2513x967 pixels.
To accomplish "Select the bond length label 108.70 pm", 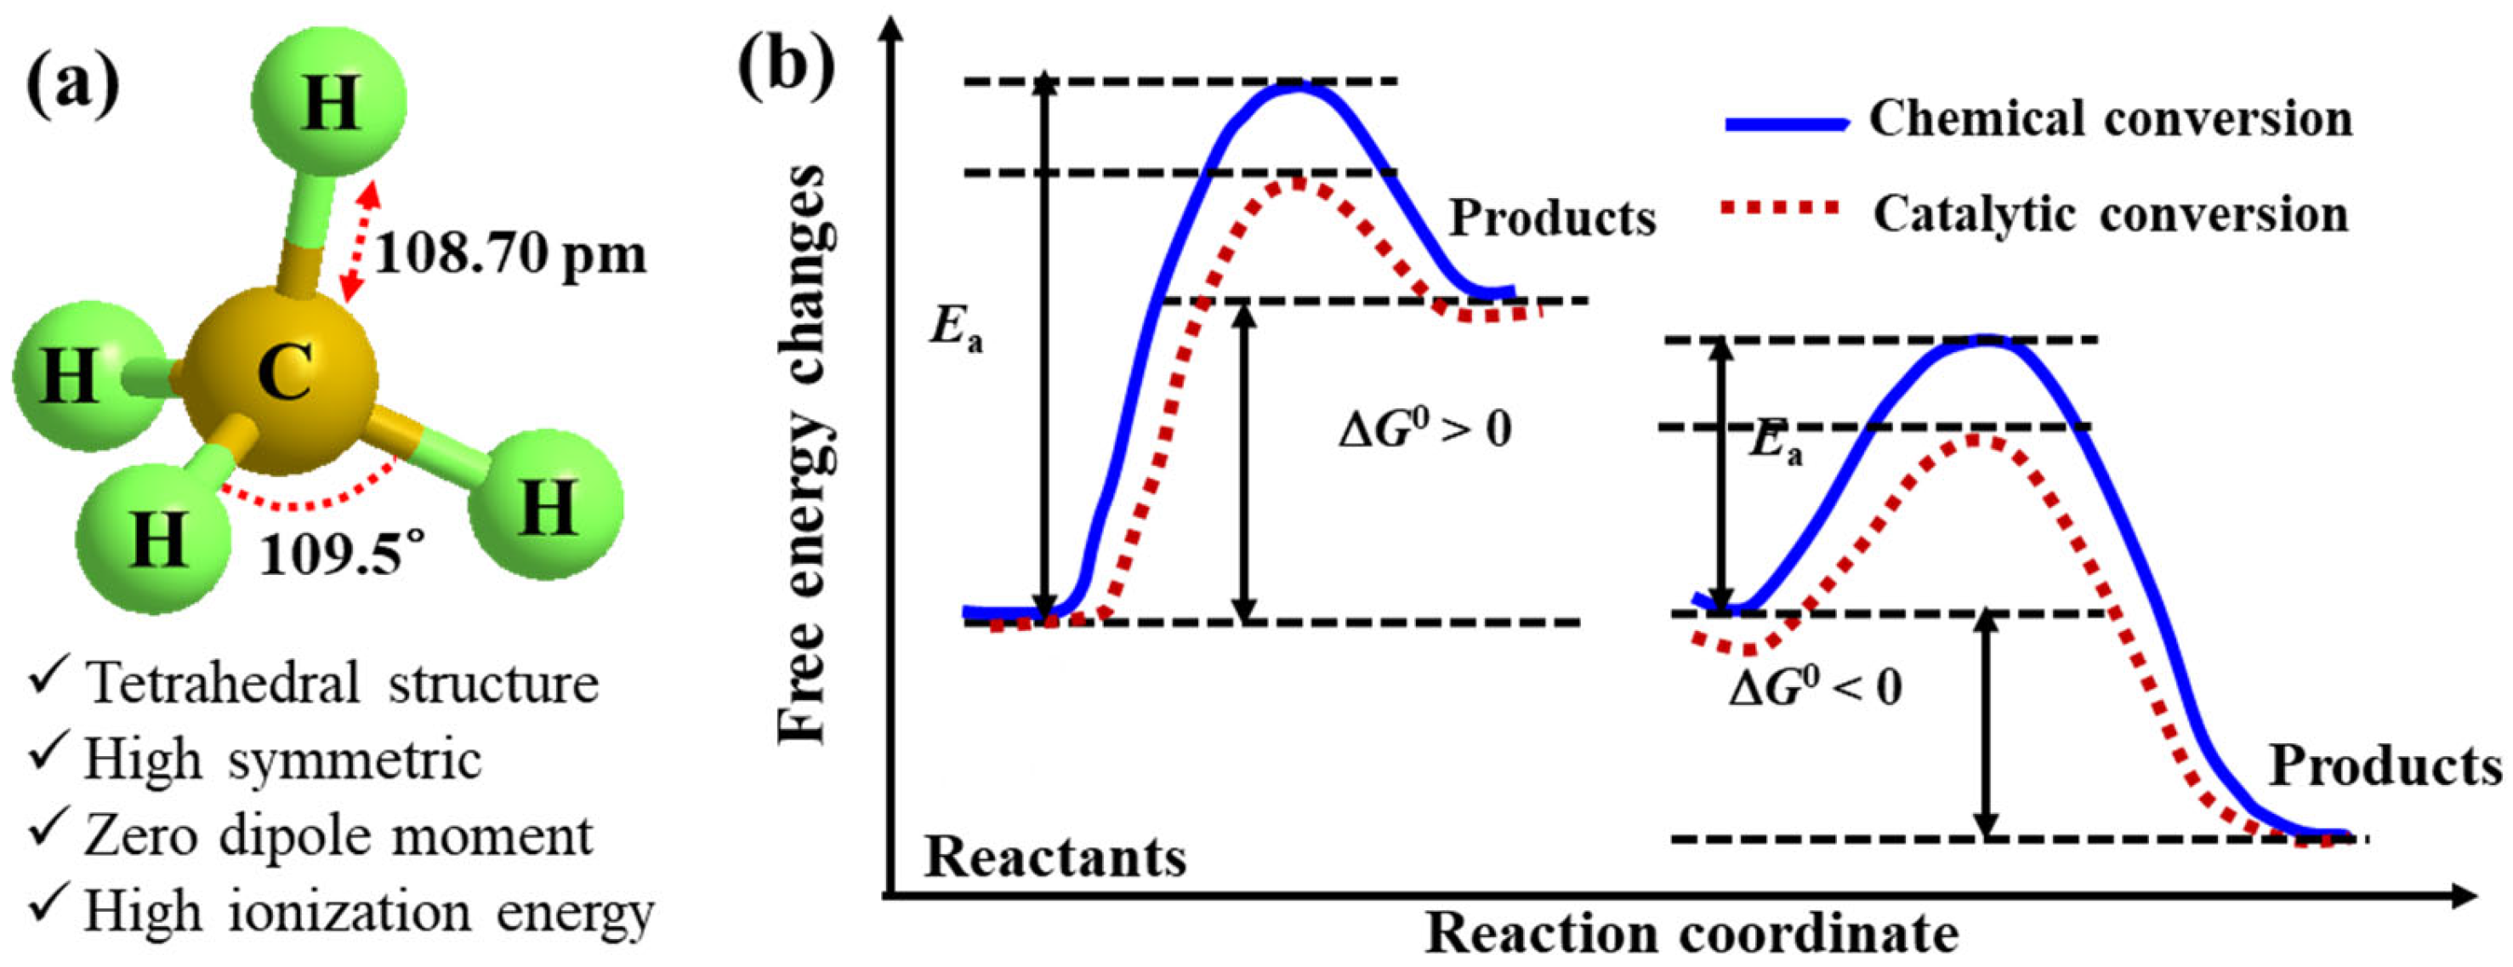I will click(x=510, y=256).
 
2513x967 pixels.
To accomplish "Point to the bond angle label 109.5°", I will click(x=344, y=556).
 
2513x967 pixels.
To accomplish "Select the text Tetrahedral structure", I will click(x=341, y=683).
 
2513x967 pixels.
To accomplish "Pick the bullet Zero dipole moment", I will click(x=338, y=836).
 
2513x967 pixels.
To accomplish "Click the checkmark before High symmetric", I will click(x=48, y=754).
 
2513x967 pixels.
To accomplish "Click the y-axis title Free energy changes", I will click(x=802, y=454).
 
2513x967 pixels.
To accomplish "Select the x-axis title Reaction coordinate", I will click(x=1692, y=934).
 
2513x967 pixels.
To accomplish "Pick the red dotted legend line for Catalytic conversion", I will click(x=1782, y=208).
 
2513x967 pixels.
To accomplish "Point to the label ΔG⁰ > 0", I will click(x=1425, y=429).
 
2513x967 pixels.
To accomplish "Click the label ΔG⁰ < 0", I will click(x=1816, y=688).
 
